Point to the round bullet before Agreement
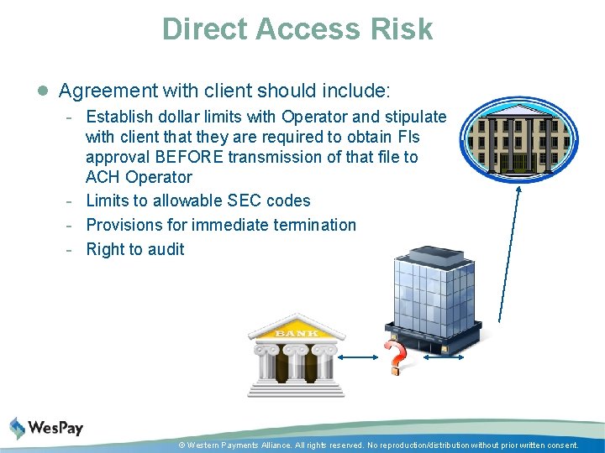[43, 90]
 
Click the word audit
[166, 249]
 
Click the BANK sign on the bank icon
[297, 333]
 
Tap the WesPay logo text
[55, 428]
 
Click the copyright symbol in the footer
[181, 445]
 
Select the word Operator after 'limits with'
[312, 117]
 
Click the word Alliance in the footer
[275, 445]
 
